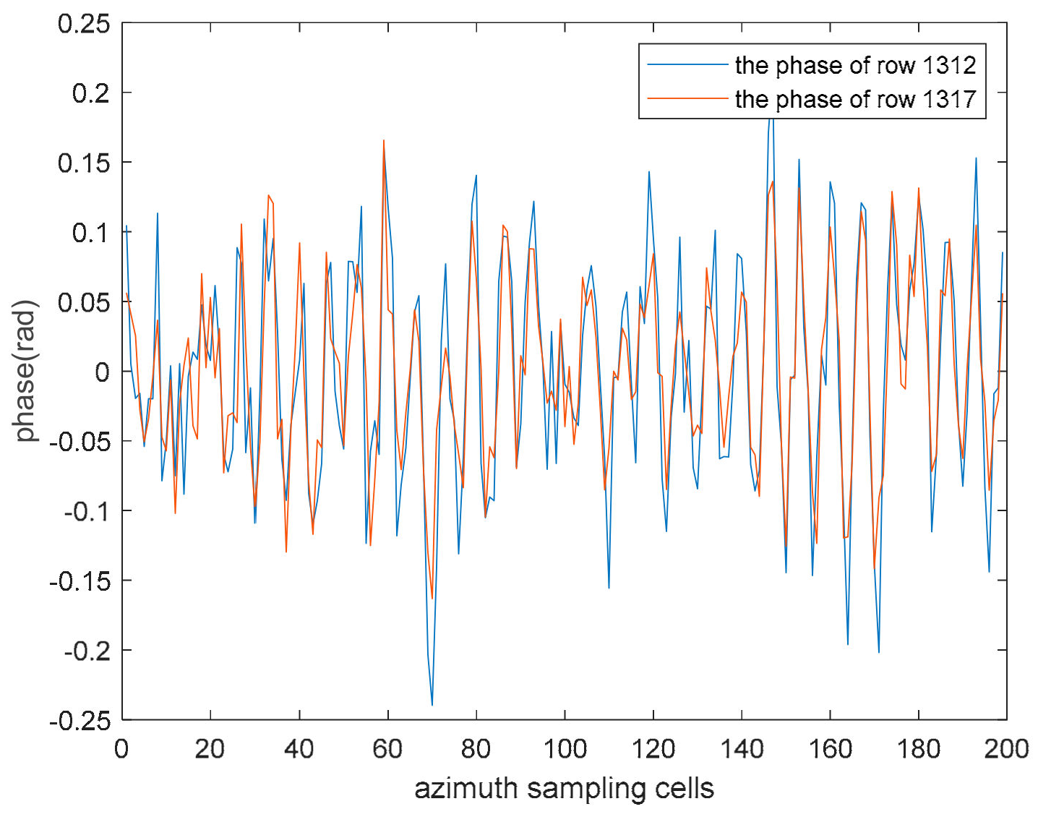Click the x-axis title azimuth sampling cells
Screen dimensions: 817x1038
click(564, 788)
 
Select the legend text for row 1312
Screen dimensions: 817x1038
click(855, 66)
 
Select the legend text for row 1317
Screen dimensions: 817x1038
click(855, 99)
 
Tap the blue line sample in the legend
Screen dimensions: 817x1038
click(687, 65)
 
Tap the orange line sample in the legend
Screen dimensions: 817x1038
click(687, 98)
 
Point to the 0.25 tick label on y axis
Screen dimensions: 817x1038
click(84, 24)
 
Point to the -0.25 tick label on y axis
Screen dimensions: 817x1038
click(80, 721)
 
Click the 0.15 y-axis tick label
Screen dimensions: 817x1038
click(84, 163)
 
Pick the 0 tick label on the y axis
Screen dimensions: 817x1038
click(102, 372)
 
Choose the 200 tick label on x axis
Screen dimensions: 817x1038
click(1005, 749)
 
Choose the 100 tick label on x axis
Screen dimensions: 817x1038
click(564, 749)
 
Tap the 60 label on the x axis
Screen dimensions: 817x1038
click(387, 749)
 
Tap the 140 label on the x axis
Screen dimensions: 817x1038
click(742, 749)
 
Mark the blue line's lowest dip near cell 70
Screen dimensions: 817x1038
click(432, 704)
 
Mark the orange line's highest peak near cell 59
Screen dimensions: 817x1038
click(384, 141)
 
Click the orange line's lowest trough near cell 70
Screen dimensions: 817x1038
click(432, 598)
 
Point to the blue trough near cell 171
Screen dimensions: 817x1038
click(879, 651)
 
